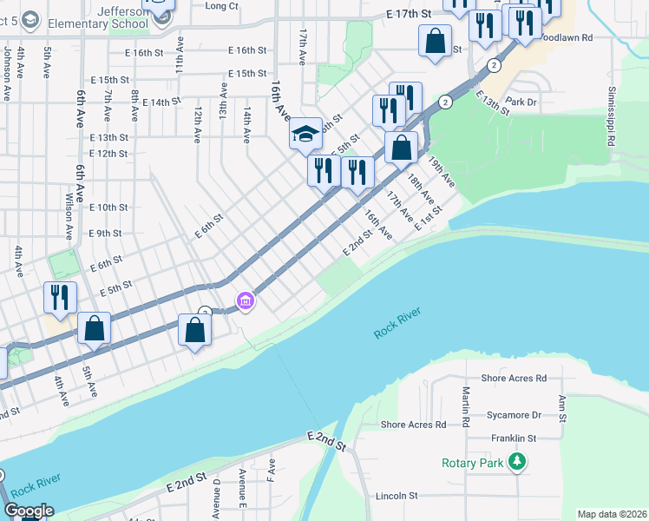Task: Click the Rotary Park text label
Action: [471, 462]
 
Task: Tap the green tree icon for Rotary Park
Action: [517, 461]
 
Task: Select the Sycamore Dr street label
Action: [516, 402]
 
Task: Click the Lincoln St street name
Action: [397, 496]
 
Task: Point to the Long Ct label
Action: [222, 6]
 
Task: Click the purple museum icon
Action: [246, 302]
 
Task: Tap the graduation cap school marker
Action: [305, 134]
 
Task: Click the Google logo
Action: [29, 510]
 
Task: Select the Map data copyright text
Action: [611, 514]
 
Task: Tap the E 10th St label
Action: [108, 208]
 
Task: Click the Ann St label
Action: [562, 407]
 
